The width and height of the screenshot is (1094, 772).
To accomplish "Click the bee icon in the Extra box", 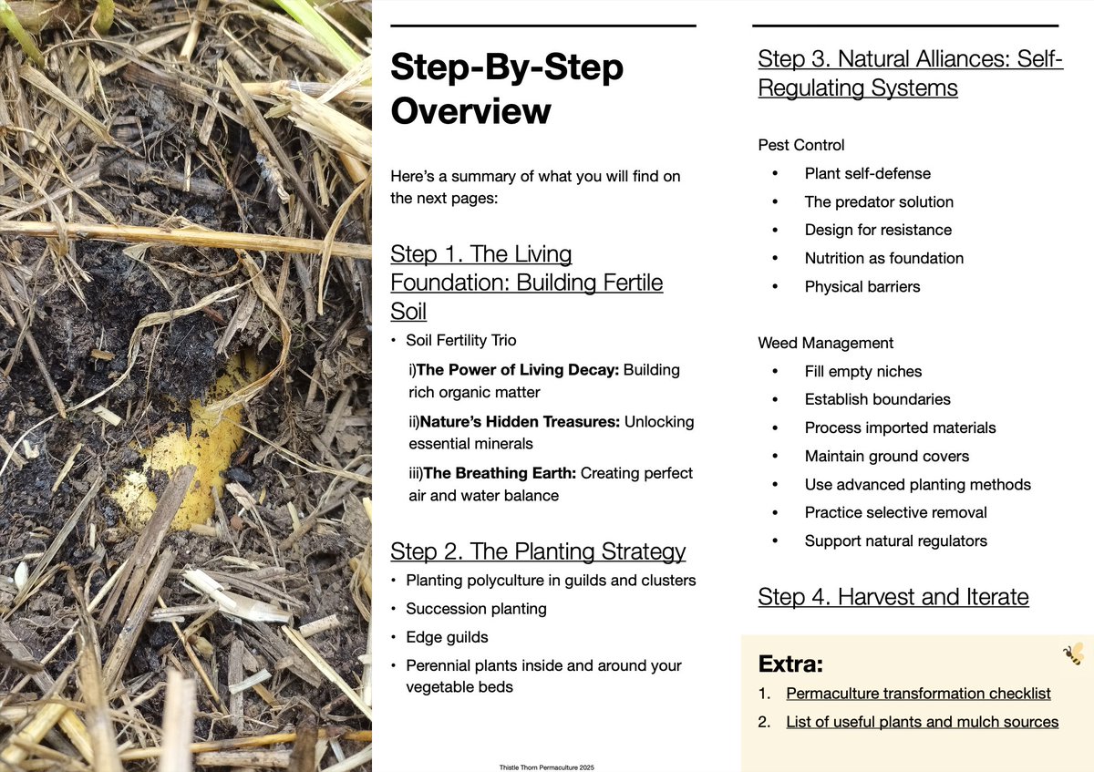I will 1073,654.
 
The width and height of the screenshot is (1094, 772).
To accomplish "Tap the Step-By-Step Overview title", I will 506,89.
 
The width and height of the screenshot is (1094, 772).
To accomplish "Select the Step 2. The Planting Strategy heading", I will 538,551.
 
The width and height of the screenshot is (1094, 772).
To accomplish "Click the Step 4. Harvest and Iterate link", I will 893,597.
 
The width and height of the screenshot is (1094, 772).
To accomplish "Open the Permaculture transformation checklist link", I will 918,694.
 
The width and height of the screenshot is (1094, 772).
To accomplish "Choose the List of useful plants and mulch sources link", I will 922,722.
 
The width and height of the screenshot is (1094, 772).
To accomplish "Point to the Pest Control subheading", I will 801,145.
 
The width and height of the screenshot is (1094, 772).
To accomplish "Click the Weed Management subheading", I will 826,343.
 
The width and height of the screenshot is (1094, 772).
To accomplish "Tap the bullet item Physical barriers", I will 862,286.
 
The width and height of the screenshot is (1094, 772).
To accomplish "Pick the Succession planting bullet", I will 476,608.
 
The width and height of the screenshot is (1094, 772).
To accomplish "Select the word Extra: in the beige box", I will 790,663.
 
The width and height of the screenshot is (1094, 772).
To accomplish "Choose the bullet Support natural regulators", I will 895,540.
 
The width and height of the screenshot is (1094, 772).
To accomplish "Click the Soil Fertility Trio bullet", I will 461,340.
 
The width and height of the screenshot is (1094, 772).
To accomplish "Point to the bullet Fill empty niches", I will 862,371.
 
